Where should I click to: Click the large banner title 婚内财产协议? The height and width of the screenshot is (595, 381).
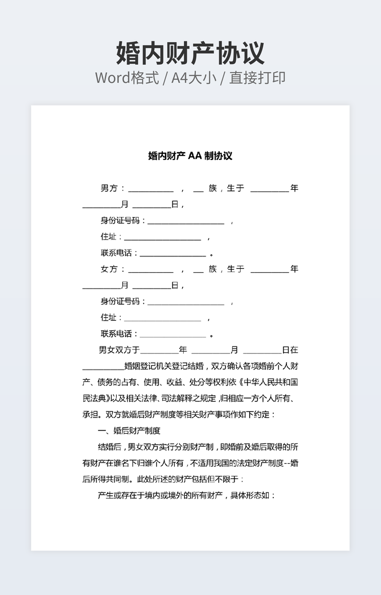pos(190,54)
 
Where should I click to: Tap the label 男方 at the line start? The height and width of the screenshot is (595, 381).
pos(109,188)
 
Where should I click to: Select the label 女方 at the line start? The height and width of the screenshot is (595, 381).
pos(109,269)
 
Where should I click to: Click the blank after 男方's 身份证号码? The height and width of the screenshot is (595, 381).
pos(185,221)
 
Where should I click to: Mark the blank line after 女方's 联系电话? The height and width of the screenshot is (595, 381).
pos(172,335)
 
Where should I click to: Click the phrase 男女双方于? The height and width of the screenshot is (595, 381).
pos(119,350)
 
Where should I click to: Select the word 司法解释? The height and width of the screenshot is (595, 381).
pos(181,398)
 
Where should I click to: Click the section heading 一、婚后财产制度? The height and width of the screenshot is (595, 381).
pos(129,431)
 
